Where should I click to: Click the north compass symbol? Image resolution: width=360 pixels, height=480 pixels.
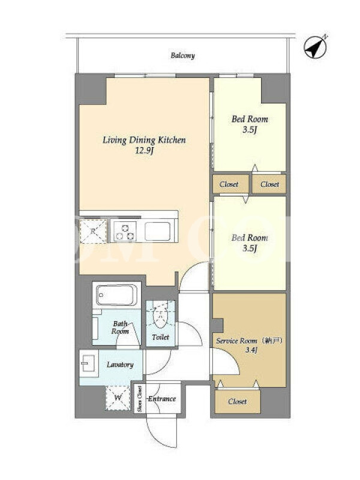click(316, 47)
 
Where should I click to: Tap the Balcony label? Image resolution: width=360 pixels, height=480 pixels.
click(183, 55)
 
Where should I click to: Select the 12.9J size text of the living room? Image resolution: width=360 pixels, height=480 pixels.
click(144, 151)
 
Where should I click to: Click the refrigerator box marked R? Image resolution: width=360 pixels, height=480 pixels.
click(94, 231)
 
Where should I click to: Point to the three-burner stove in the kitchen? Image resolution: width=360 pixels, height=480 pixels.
click(125, 232)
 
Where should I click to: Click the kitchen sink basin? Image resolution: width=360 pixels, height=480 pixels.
click(158, 232)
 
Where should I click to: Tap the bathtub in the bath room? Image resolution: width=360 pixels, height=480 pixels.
click(116, 295)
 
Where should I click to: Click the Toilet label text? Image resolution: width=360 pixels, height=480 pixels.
click(160, 337)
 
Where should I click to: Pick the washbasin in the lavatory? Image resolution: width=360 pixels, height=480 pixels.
click(89, 364)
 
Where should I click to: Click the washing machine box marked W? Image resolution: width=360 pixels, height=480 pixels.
click(118, 398)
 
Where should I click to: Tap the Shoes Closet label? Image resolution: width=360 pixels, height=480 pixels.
click(140, 399)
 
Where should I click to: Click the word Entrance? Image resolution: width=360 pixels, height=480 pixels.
click(162, 399)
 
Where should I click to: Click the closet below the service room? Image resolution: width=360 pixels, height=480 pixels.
click(238, 401)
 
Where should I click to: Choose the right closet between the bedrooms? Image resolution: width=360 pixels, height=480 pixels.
click(269, 184)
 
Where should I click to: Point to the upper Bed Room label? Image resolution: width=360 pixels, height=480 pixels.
click(250, 119)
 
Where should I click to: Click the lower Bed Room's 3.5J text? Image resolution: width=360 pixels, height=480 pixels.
click(250, 248)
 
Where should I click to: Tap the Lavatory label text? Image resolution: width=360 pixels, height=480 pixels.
click(120, 365)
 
